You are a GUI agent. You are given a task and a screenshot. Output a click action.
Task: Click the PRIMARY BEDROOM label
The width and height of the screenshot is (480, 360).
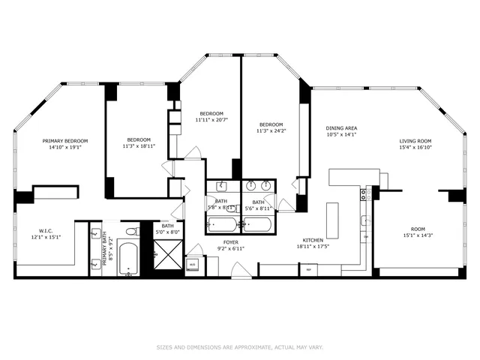(65, 141)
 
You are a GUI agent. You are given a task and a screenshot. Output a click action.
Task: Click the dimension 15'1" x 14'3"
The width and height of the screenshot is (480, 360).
(417, 235)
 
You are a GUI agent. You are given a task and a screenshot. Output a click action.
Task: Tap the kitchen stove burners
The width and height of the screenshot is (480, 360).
(366, 194)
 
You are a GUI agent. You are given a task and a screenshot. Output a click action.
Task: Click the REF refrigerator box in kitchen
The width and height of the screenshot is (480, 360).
(308, 269)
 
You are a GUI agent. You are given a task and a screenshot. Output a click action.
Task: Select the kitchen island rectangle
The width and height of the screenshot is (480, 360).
(331, 220)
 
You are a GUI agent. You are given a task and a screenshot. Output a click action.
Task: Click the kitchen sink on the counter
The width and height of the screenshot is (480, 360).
(365, 221)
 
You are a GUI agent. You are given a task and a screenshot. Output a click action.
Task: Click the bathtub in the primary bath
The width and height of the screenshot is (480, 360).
(128, 259)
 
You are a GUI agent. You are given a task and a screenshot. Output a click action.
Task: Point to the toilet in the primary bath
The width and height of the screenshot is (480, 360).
(130, 232)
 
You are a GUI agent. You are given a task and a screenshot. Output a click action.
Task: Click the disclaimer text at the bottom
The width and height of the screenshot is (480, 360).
(239, 347)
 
